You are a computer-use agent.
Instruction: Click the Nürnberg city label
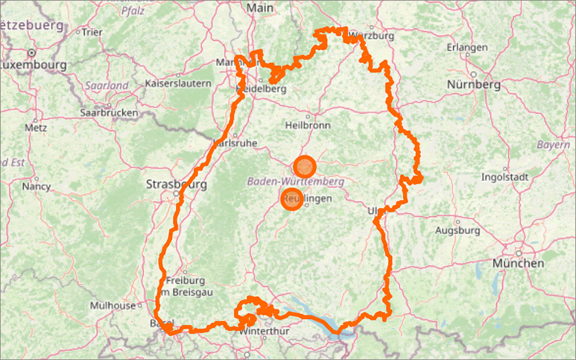473,85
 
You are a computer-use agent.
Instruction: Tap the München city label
518,263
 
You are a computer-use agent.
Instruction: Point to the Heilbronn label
308,125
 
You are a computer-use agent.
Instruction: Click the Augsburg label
457,230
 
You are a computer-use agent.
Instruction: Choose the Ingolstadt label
505,177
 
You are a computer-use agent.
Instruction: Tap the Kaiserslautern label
178,83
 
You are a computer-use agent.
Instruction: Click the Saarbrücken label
109,112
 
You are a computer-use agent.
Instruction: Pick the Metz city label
35,128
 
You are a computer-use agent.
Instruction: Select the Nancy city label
36,186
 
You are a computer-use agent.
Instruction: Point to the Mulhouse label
112,306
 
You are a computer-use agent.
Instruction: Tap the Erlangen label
467,47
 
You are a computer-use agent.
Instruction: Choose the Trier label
92,32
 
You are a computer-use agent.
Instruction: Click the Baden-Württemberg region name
295,182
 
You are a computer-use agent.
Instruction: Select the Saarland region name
107,86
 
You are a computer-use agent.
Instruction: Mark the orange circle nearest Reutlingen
292,199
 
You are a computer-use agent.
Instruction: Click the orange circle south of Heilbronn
304,167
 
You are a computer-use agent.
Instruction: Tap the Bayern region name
553,145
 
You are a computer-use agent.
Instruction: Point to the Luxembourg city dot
32,53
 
